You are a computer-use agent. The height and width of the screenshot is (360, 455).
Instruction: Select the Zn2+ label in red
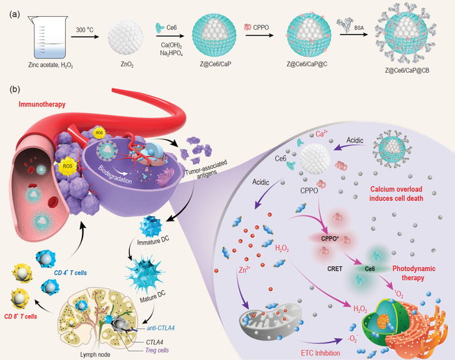246,276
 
